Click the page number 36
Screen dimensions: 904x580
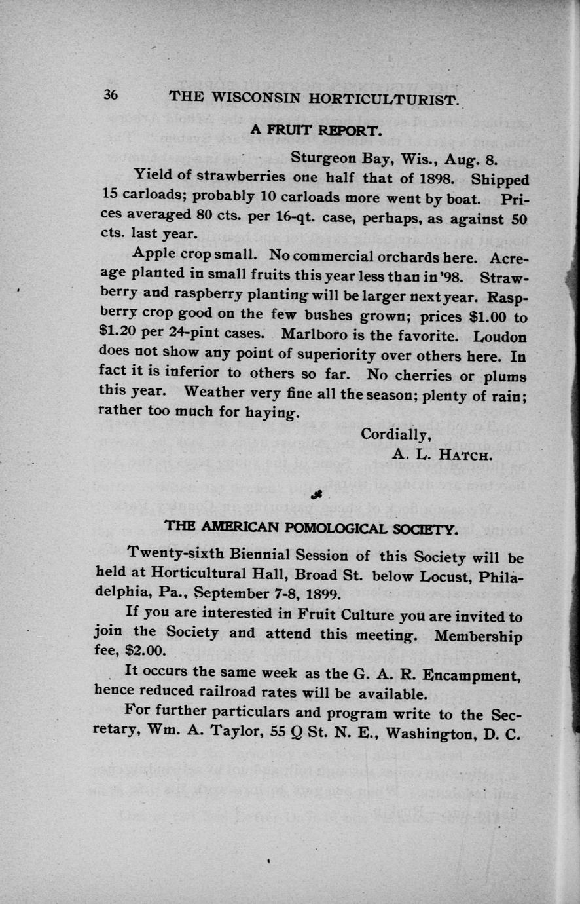(110, 94)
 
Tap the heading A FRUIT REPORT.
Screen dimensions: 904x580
(315, 130)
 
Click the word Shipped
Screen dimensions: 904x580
(500, 179)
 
